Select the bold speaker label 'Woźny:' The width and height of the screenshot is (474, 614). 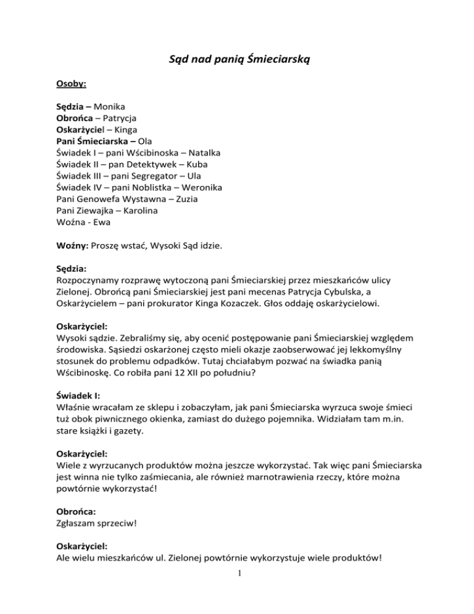[69, 246]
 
